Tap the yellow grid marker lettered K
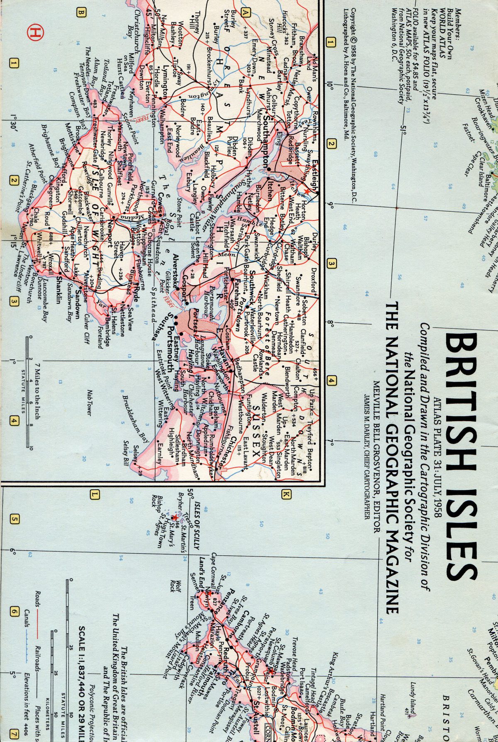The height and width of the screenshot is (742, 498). click(x=286, y=494)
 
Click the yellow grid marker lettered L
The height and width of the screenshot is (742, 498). click(x=95, y=494)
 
